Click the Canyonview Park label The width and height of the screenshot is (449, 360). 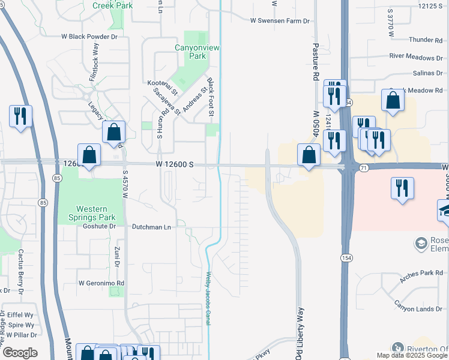coord(190,52)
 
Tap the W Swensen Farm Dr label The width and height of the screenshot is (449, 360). coord(280,20)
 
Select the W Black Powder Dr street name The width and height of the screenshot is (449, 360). coord(89,36)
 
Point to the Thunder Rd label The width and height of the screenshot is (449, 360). coord(425,40)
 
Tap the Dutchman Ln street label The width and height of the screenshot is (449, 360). coord(152,227)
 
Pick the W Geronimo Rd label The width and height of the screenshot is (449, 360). coord(101,283)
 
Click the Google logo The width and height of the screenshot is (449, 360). coord(19,353)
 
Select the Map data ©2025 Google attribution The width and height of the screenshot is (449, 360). coord(411,355)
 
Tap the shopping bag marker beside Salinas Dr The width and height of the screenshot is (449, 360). coord(393,101)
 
